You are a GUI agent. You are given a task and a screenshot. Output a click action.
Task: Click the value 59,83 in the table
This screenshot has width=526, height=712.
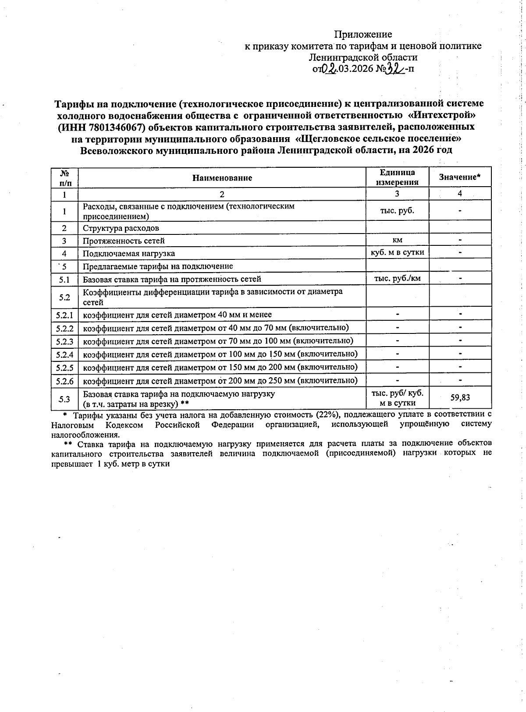(460, 397)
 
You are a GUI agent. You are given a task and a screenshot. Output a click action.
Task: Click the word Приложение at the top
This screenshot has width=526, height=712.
(363, 34)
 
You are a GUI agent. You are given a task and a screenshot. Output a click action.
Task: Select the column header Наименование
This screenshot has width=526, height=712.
(222, 178)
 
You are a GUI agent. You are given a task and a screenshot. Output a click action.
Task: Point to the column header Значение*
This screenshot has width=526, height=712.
(460, 177)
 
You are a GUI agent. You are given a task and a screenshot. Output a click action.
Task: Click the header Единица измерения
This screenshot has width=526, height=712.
(397, 177)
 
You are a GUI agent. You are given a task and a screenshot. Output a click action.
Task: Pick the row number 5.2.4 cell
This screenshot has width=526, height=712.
(64, 354)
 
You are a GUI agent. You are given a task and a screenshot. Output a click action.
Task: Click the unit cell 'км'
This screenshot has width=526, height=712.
(397, 240)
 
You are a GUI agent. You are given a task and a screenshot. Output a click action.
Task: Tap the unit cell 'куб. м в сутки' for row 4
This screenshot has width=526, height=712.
(397, 252)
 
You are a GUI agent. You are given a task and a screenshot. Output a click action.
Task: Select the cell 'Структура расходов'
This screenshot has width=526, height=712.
(121, 228)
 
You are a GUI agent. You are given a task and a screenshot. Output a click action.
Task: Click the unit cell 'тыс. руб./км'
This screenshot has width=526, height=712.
(397, 278)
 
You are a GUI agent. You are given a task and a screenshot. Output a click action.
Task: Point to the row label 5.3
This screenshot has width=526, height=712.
(64, 399)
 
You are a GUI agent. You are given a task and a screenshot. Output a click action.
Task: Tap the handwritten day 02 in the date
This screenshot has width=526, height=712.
(330, 69)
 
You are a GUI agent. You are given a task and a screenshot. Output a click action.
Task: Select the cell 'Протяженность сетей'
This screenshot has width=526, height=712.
(124, 241)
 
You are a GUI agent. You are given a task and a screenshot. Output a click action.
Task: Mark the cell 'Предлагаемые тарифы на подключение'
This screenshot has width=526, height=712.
(158, 266)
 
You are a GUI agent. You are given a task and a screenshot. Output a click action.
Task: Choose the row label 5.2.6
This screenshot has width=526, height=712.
(64, 381)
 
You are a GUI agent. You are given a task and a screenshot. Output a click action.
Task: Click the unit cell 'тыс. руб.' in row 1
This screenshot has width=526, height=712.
(397, 211)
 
